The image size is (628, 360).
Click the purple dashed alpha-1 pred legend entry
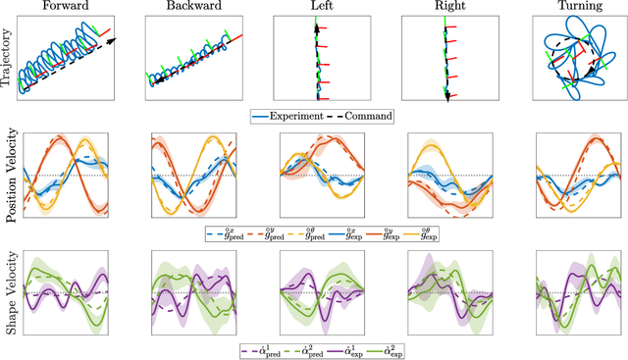(x=258, y=350)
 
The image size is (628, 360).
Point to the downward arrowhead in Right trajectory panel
(x=446, y=96)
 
